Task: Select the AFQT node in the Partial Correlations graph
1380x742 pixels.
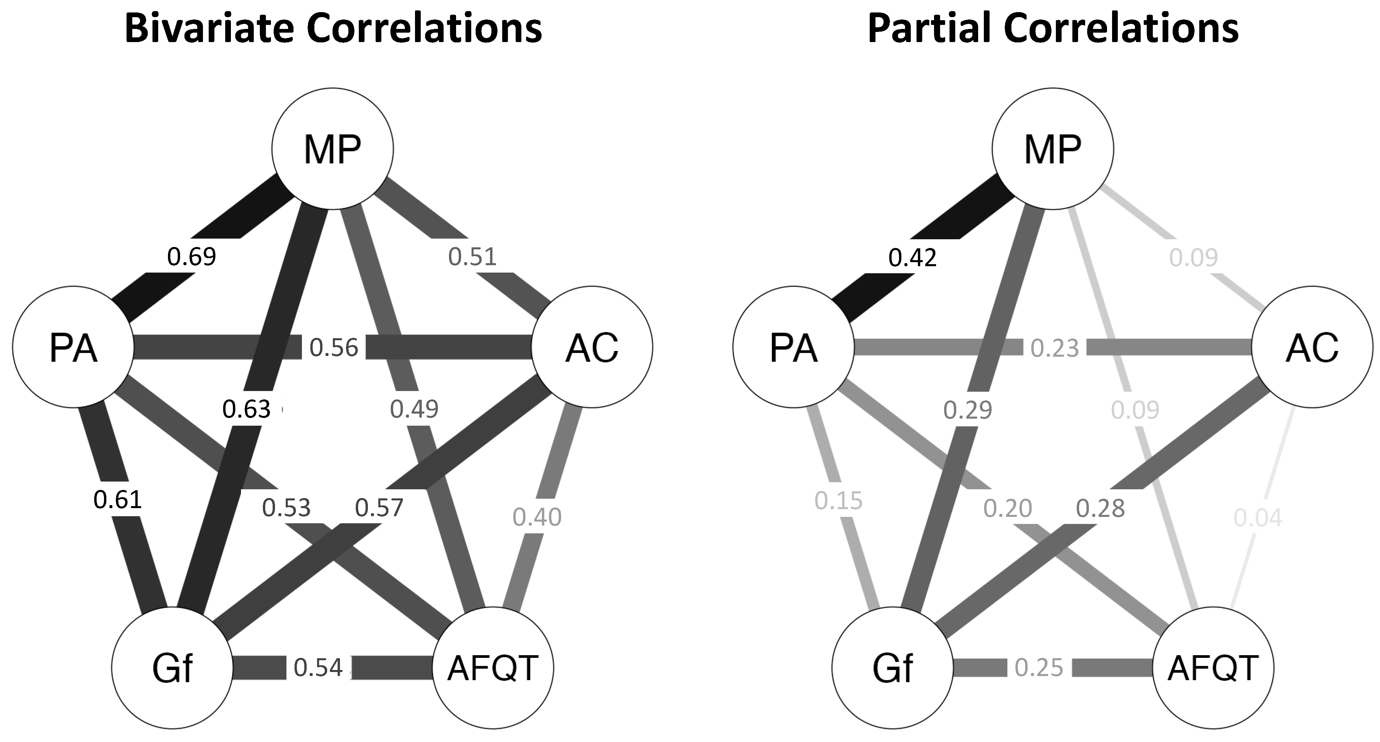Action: (1213, 668)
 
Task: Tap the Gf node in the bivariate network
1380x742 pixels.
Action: (172, 668)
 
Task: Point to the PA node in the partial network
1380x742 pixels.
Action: (793, 347)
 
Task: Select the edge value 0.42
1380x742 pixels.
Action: (912, 258)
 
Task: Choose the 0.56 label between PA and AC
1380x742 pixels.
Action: (334, 348)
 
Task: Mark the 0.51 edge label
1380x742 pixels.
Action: (473, 257)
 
